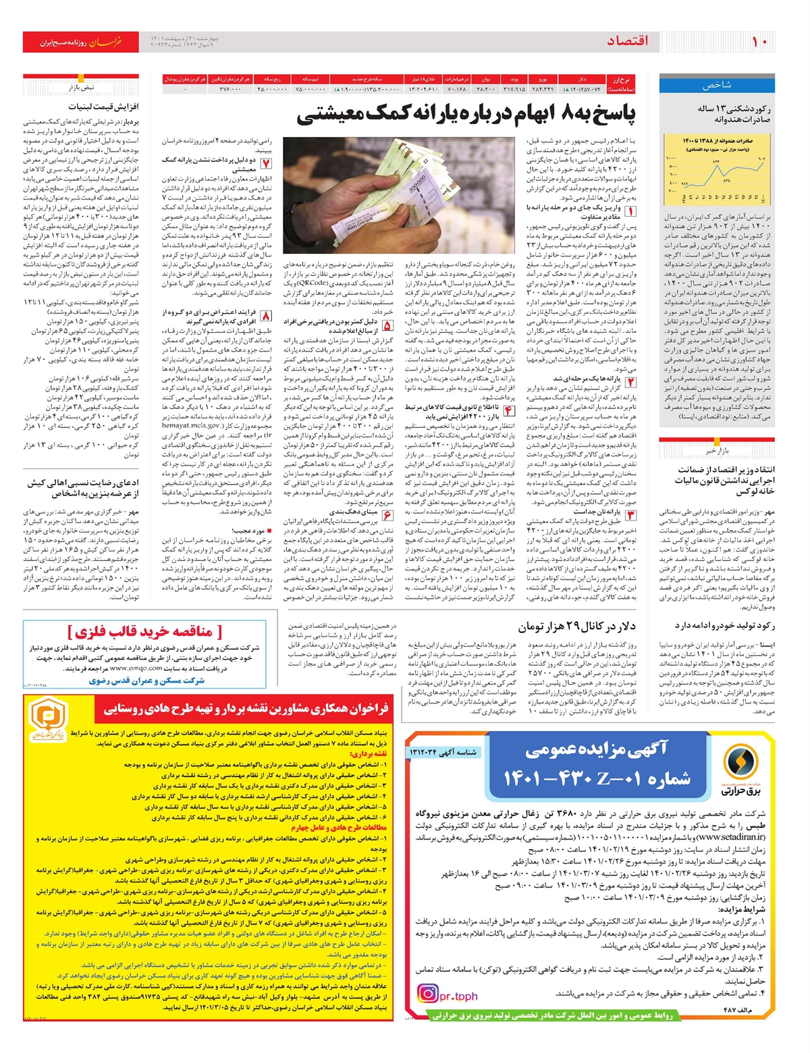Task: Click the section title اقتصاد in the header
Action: coord(628,41)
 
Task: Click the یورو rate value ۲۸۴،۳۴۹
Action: coord(543,88)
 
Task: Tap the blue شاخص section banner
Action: coord(717,86)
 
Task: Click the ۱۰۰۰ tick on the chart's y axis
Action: coord(671,158)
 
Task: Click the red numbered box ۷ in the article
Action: coord(266,164)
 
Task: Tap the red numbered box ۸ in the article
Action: coord(266,316)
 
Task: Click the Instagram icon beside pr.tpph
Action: coord(427,994)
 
